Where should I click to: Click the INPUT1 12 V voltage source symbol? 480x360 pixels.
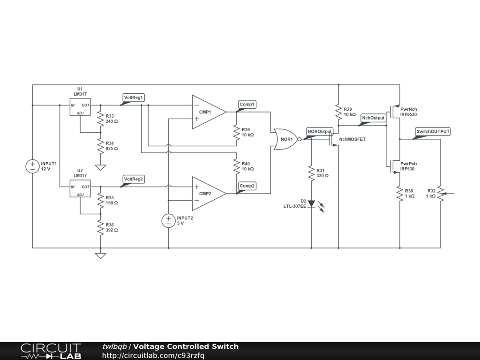coord(32,166)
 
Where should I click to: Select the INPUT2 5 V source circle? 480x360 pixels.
coord(168,221)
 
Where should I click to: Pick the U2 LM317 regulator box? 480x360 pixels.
coord(80,187)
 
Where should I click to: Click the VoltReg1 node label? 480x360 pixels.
coord(134,97)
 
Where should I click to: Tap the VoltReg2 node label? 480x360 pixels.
coord(134,179)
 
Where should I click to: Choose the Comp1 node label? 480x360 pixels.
coord(247,104)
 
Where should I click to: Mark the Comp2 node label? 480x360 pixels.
coord(247,186)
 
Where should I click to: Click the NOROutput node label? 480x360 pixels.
coord(320,131)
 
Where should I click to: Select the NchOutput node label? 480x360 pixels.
coord(374,118)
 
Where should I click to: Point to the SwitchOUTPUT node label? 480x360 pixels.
coord(433,132)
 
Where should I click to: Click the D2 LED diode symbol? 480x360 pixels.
coord(311,204)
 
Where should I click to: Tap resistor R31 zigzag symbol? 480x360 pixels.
coord(311,173)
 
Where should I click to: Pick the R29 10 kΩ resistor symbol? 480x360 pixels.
coord(338,111)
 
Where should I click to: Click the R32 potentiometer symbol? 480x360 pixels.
coord(441,193)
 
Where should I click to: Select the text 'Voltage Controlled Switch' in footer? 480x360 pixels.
coord(186,346)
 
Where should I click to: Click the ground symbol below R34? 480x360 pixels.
coord(100,167)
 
